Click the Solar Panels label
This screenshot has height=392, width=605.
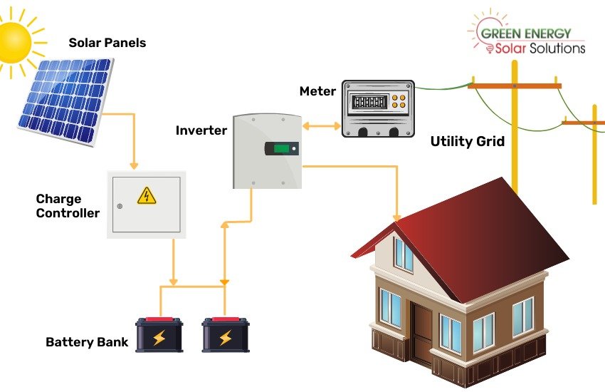click(x=107, y=43)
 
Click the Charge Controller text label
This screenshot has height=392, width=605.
click(x=68, y=206)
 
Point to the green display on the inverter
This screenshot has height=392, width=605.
click(x=283, y=149)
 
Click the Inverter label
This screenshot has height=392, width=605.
click(x=201, y=130)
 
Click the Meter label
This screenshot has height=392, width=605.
click(x=317, y=91)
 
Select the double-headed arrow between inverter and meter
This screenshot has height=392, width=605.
click(x=322, y=126)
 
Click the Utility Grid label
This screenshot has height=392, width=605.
click(x=468, y=141)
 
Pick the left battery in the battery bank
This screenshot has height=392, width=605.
click(x=159, y=335)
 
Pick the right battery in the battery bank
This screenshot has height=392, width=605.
click(x=225, y=335)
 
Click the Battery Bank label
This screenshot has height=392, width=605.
click(x=87, y=342)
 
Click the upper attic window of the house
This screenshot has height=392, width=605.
click(x=404, y=254)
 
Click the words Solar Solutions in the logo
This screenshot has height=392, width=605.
click(x=540, y=48)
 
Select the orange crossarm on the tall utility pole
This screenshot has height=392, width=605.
click(x=514, y=86)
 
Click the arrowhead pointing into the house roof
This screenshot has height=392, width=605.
click(x=397, y=216)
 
